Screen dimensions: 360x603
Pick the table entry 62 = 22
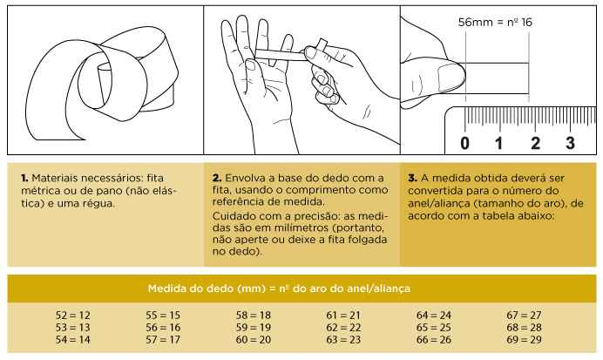[x=344, y=326]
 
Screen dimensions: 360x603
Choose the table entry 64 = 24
[x=434, y=314]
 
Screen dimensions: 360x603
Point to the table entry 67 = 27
[x=524, y=314]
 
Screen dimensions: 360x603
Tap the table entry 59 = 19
[x=254, y=326]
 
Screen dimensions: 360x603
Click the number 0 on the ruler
[x=464, y=142]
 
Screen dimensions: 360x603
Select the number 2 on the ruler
[x=535, y=142]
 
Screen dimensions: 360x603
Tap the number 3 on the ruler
[x=570, y=142]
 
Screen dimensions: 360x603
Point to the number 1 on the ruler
[x=500, y=142]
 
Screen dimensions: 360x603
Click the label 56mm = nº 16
[x=495, y=24]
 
